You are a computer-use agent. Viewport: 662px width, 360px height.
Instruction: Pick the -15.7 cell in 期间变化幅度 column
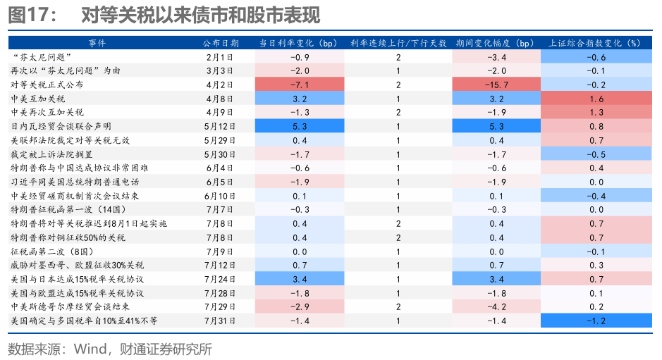click(497, 85)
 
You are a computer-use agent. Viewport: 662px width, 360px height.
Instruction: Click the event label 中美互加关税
click(39, 99)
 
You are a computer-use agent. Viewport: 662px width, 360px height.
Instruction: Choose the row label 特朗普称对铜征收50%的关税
click(68, 237)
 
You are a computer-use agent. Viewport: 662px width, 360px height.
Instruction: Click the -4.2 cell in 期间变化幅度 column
click(497, 306)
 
